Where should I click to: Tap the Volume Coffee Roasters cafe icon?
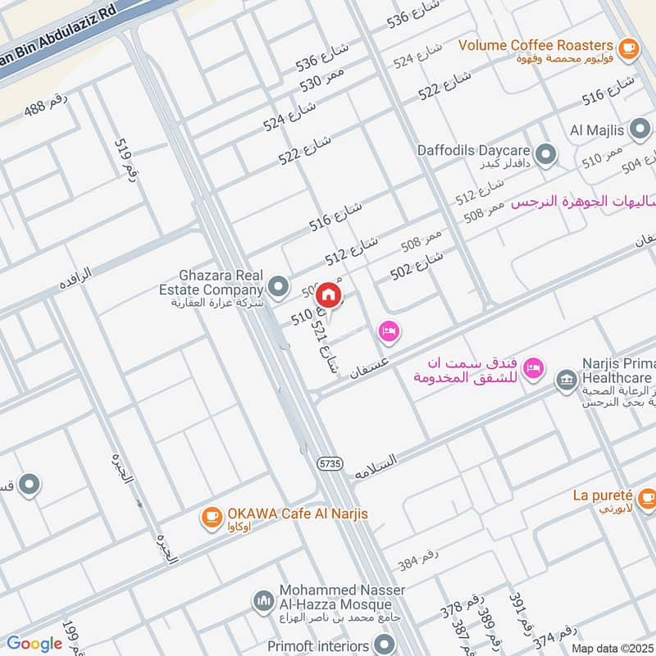pyautogui.click(x=629, y=48)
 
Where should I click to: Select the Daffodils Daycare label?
pyautogui.click(x=474, y=151)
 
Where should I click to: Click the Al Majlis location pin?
pyautogui.click(x=640, y=130)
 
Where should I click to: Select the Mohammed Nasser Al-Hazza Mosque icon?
pyautogui.click(x=263, y=601)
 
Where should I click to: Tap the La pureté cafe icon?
pyautogui.click(x=646, y=496)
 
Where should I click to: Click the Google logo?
pyautogui.click(x=34, y=644)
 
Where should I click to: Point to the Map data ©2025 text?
pyautogui.click(x=613, y=648)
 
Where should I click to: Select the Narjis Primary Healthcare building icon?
pyautogui.click(x=565, y=379)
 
